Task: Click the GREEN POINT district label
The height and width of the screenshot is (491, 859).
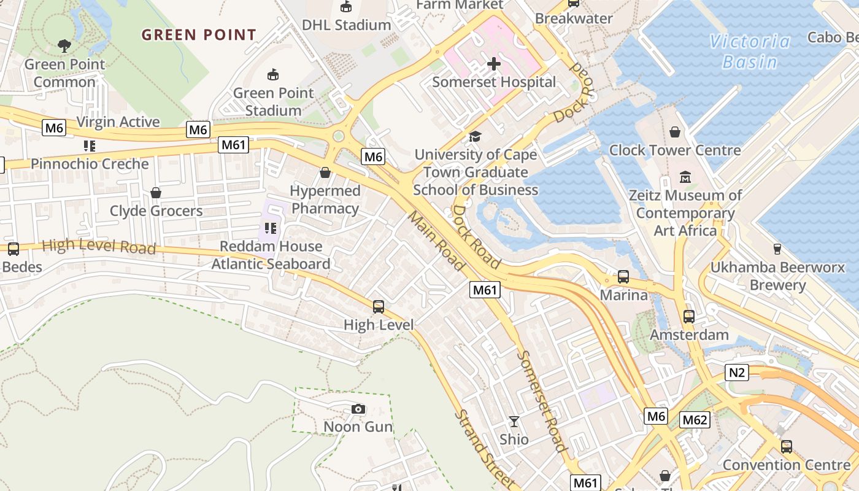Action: [199, 35]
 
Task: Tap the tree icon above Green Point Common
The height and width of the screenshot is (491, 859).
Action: [64, 45]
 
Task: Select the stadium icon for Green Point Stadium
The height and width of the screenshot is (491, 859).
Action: [273, 75]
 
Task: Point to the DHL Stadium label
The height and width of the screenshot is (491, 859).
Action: [346, 25]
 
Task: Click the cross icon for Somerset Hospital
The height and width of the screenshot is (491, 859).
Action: [494, 64]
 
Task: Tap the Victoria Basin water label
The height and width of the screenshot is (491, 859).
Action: [750, 52]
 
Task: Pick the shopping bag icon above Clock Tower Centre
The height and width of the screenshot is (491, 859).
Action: [675, 132]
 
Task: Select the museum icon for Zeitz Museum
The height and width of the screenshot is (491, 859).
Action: [685, 177]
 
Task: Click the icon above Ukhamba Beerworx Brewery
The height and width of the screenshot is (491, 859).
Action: [777, 249]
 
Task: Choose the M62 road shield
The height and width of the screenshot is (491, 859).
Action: [695, 420]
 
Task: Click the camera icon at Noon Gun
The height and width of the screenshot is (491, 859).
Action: [358, 409]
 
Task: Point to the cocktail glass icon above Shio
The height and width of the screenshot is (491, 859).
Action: [514, 422]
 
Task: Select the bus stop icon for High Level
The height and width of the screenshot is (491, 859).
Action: [379, 307]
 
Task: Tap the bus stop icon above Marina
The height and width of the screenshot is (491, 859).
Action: [623, 277]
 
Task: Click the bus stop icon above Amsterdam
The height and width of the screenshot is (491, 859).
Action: [689, 317]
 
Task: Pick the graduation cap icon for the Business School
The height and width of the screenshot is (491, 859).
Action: [475, 136]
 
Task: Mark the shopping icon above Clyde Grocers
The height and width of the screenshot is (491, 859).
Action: [156, 193]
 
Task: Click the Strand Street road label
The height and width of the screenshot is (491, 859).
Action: [484, 448]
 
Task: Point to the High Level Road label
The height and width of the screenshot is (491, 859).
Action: [99, 246]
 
